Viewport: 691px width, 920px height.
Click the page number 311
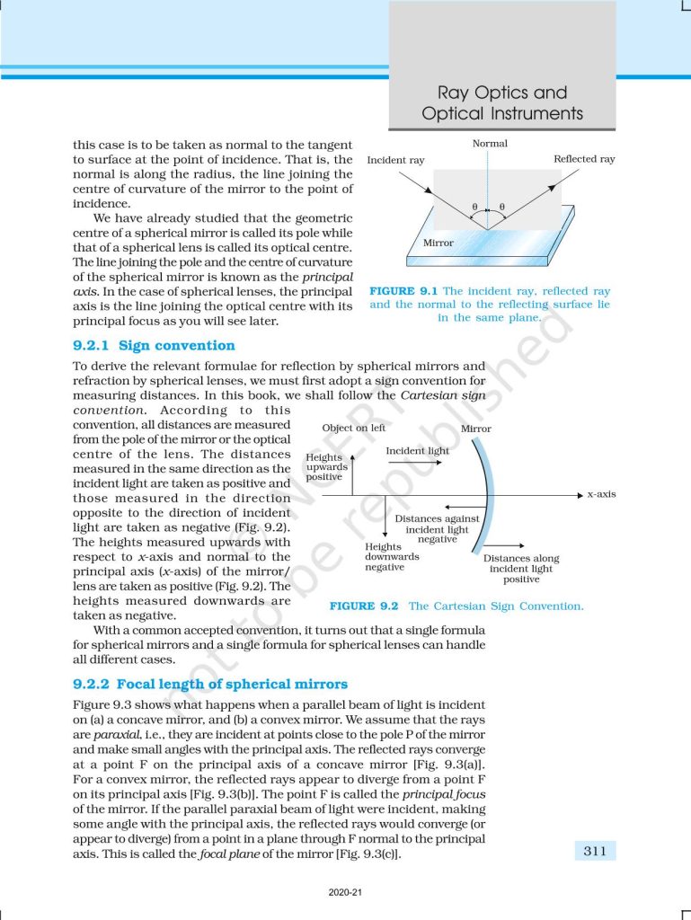[x=594, y=851]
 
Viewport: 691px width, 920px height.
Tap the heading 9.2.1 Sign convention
[x=154, y=345]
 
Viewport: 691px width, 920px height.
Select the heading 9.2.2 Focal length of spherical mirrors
[x=209, y=684]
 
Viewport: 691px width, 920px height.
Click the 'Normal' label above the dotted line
[x=490, y=144]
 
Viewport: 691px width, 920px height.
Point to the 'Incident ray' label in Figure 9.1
[x=396, y=160]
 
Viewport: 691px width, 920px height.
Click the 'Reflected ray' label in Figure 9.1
[x=584, y=159]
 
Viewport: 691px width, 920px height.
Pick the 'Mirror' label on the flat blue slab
[x=439, y=243]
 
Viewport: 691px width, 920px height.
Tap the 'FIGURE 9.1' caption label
[x=404, y=291]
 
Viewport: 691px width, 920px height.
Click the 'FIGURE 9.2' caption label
[x=364, y=606]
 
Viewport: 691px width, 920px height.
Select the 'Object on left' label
[x=354, y=429]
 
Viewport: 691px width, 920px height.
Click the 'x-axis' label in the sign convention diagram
[x=601, y=494]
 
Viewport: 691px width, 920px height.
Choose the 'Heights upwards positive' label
[x=324, y=467]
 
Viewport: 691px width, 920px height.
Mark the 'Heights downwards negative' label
[x=385, y=556]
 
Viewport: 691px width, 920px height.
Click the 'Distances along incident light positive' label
[x=521, y=569]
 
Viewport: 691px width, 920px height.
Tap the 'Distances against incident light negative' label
[x=438, y=529]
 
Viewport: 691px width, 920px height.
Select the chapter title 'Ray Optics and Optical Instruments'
[x=502, y=103]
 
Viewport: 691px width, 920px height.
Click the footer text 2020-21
[x=345, y=893]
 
